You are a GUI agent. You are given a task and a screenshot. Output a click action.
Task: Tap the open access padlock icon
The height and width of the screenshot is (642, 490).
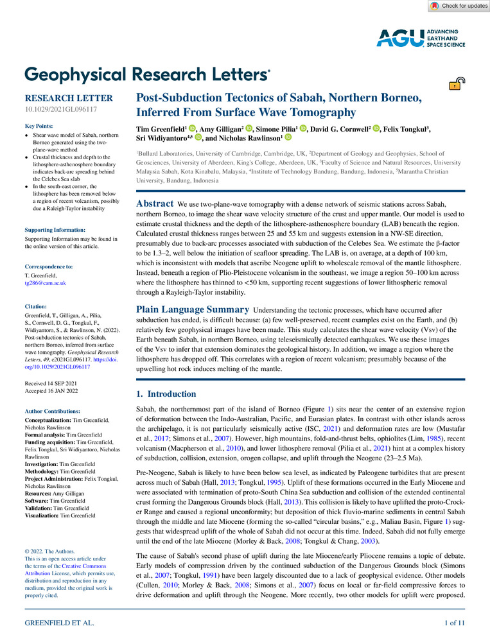(x=457, y=83)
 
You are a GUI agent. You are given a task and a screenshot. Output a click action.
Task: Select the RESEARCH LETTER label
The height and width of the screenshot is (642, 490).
(x=68, y=98)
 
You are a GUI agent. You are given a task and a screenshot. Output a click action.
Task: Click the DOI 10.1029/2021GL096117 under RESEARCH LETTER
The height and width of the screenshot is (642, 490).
(x=60, y=110)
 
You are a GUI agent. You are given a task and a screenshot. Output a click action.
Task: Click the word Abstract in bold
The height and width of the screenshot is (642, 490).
(x=156, y=203)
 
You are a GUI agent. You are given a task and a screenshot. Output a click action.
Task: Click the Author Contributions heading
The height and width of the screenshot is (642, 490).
(x=57, y=412)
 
